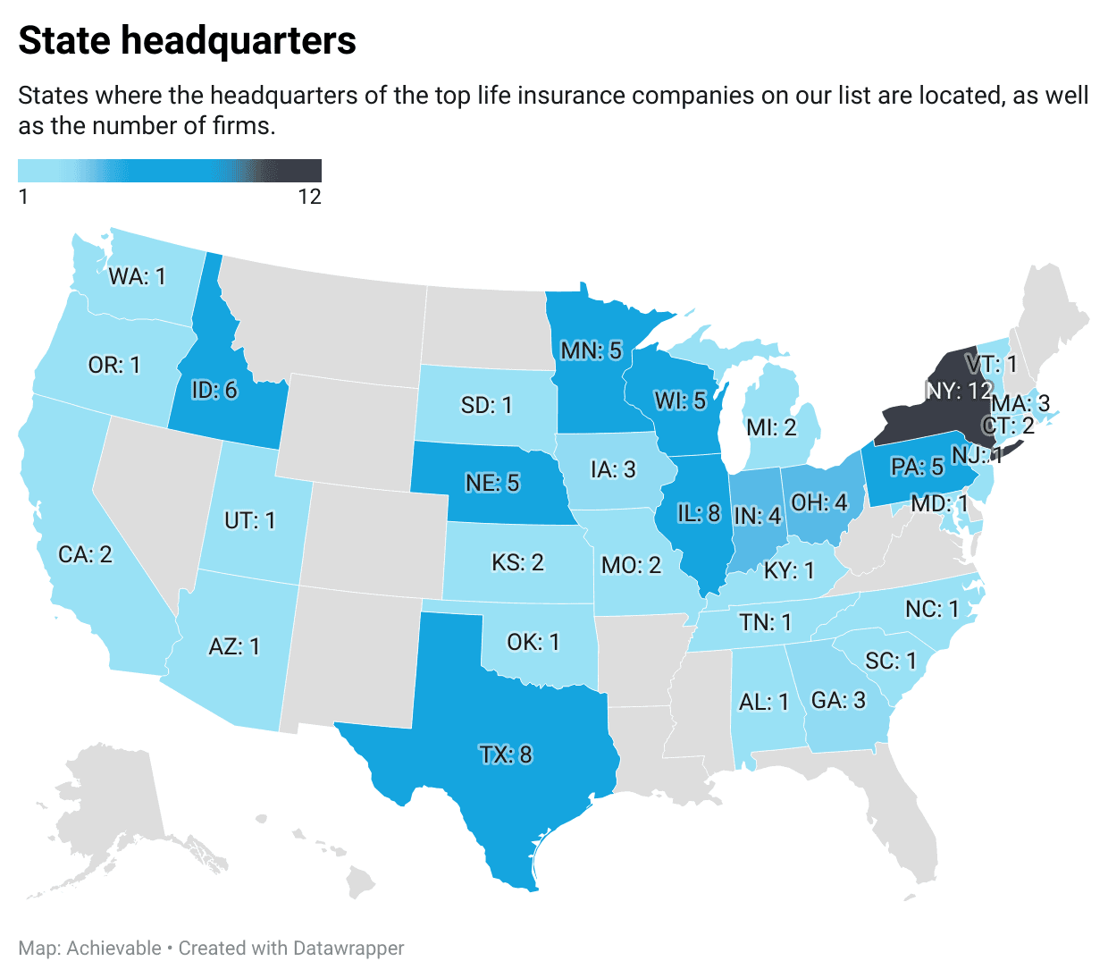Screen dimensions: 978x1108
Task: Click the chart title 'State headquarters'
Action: click(x=187, y=41)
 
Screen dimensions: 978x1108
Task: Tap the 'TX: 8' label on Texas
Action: click(x=506, y=755)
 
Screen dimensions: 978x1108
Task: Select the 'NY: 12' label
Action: click(x=959, y=391)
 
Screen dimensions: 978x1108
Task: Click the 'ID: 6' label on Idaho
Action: click(x=214, y=390)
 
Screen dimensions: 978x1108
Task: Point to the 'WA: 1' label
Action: click(x=137, y=276)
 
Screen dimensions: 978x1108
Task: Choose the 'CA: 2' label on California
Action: click(x=85, y=554)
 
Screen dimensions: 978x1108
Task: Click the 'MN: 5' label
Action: click(x=591, y=350)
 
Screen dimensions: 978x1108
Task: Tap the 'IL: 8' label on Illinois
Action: click(x=699, y=513)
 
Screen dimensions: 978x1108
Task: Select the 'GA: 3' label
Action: click(x=838, y=700)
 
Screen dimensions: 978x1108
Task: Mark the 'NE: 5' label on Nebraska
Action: click(x=492, y=483)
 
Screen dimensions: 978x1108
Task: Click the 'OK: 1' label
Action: click(x=533, y=642)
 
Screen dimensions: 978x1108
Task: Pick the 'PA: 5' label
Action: click(x=917, y=467)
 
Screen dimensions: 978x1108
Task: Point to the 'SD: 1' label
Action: click(x=486, y=405)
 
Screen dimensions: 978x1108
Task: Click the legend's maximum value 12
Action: click(x=309, y=197)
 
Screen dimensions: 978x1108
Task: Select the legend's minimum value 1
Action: click(x=23, y=197)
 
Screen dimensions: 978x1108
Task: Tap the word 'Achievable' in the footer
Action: click(x=114, y=948)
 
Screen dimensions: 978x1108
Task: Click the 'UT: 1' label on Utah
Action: click(x=249, y=519)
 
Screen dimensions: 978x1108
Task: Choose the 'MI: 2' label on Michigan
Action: click(x=771, y=427)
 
